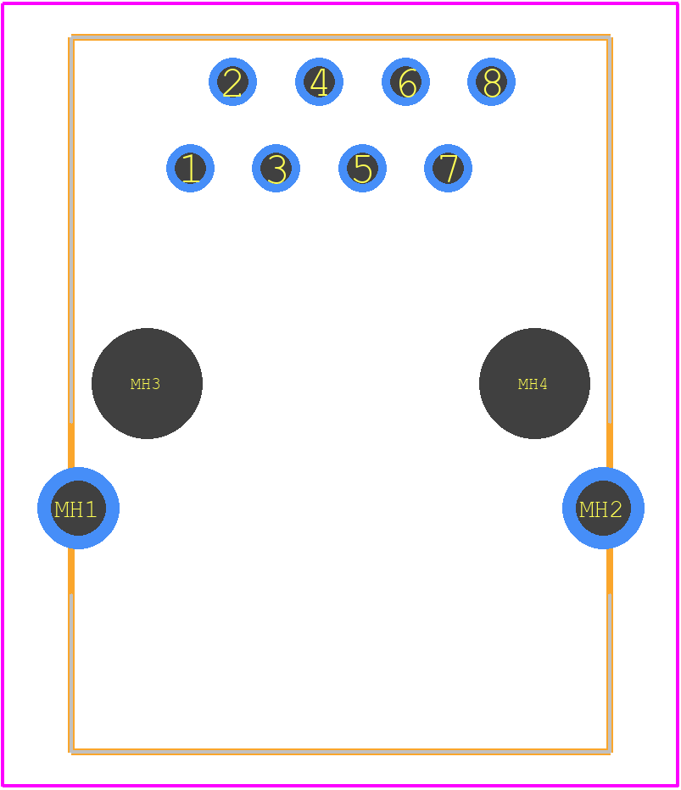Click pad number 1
pos(190,169)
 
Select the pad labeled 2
pos(233,81)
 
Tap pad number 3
pos(276,169)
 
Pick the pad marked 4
pos(319,81)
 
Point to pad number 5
pos(362,169)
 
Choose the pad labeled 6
pos(405,81)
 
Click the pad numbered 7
pos(448,169)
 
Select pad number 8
pos(492,81)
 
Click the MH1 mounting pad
pos(78,508)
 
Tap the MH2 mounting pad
pos(603,508)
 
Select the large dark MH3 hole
pos(148,383)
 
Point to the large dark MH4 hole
pos(534,383)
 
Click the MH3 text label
pos(145,384)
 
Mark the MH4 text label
pos(533,384)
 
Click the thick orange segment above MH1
pos(71,447)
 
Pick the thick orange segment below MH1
pos(71,570)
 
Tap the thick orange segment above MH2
pos(610,447)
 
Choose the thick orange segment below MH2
pos(610,570)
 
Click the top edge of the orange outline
pos(341,36)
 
